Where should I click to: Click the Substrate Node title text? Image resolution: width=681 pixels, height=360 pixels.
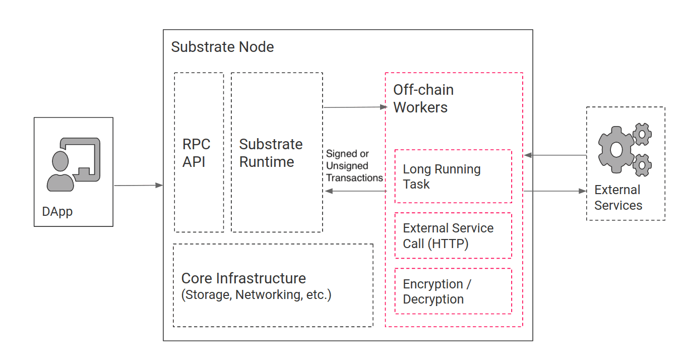(222, 47)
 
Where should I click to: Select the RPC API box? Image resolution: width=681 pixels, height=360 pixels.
(199, 153)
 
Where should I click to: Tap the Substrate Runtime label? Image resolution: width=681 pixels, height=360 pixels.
(271, 153)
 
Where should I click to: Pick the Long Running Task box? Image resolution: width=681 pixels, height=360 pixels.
(453, 176)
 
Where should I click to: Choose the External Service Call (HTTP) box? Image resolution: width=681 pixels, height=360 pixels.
(453, 235)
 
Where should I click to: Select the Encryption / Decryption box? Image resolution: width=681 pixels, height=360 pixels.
(453, 291)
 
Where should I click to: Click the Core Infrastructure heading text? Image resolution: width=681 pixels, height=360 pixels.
(243, 278)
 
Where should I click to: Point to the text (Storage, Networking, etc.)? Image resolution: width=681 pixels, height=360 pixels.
(256, 295)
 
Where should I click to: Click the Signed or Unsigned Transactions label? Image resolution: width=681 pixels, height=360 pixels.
(354, 166)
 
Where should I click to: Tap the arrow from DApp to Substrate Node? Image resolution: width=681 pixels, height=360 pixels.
(139, 186)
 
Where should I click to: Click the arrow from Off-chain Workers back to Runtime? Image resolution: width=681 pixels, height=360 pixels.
(355, 191)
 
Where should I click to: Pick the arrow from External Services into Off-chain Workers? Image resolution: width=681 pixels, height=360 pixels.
(554, 155)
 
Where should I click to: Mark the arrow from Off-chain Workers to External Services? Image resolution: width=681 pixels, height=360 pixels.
(554, 191)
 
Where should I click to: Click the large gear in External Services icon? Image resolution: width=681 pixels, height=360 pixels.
(615, 149)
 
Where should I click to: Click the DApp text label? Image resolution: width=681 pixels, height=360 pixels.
(57, 211)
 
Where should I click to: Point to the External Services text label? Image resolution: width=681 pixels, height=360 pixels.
(618, 198)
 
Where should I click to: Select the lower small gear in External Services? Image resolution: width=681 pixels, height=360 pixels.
(642, 165)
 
